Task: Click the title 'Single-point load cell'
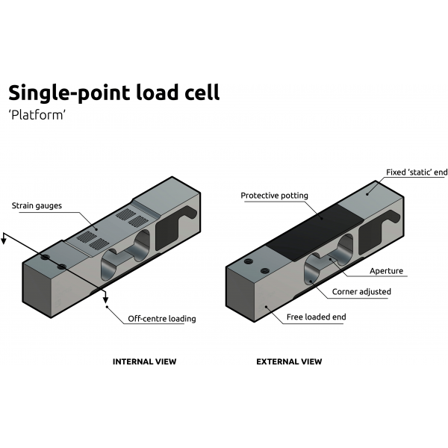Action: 114,93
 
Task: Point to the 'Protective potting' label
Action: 274,196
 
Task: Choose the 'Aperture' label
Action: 386,272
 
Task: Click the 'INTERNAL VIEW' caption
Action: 144,361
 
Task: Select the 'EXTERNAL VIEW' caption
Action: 289,361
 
